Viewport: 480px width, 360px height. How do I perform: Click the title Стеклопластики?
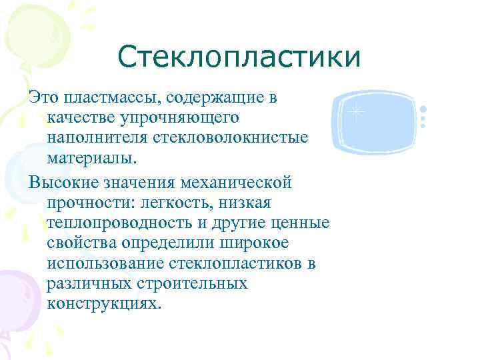coord(239,57)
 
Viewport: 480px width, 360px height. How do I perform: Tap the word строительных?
coord(192,283)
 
